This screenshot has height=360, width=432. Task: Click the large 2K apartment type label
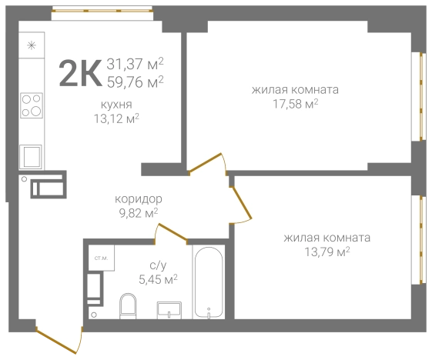[x=80, y=74]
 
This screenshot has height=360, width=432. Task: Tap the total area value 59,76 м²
[x=135, y=82]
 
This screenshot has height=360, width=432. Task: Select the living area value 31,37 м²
[x=135, y=64]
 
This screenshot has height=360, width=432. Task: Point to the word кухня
[x=116, y=105]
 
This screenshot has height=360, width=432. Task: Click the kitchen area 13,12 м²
[x=116, y=118]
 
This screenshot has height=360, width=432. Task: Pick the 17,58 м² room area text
[x=296, y=104]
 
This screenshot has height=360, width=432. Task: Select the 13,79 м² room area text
[x=327, y=252]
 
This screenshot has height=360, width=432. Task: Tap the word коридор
[x=139, y=199]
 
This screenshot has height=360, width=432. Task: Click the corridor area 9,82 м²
[x=139, y=213]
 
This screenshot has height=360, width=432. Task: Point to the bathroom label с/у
[x=158, y=265]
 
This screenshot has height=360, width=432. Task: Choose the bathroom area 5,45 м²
[x=158, y=279]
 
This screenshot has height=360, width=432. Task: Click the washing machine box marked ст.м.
[x=101, y=258]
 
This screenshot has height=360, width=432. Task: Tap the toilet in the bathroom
[x=128, y=306]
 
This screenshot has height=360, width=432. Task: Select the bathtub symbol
[x=209, y=282]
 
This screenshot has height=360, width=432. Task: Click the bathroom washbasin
[x=169, y=310]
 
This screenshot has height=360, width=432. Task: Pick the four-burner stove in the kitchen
[x=32, y=105]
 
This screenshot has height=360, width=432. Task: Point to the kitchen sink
[x=31, y=157]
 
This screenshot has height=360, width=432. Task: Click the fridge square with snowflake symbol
[x=32, y=45]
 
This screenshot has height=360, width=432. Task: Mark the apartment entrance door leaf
[x=56, y=341]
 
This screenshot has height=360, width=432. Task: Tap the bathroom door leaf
[x=172, y=232]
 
